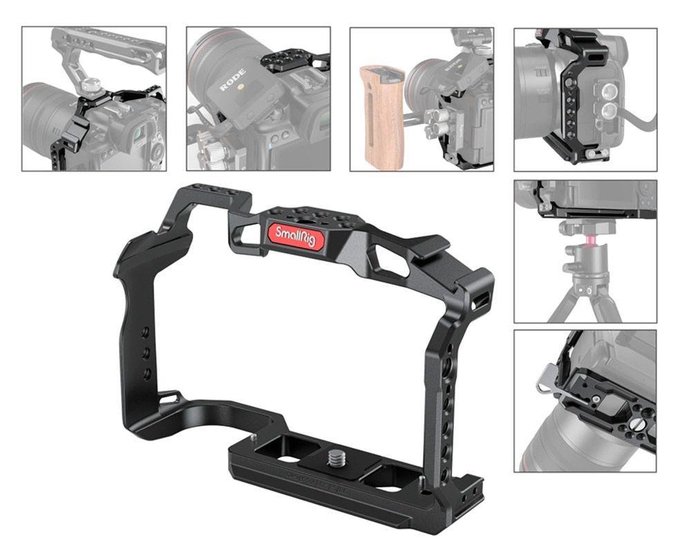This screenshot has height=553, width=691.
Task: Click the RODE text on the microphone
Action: pyautogui.click(x=233, y=79)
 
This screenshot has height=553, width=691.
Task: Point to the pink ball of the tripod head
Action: pyautogui.click(x=589, y=240)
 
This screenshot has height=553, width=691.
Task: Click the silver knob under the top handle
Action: pyautogui.click(x=93, y=84)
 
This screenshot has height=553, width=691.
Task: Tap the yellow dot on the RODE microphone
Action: pyautogui.click(x=241, y=87)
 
